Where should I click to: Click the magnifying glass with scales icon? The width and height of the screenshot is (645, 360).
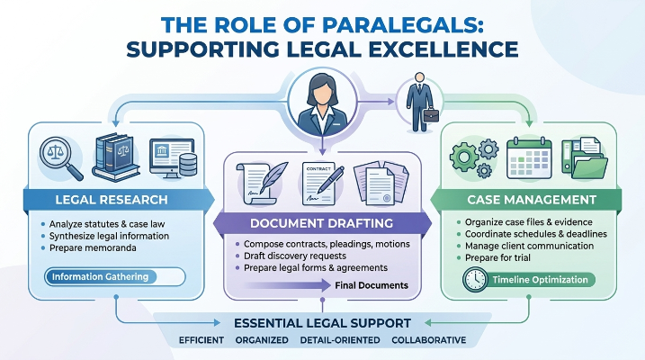click(x=60, y=158)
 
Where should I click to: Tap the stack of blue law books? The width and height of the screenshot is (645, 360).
click(x=116, y=157)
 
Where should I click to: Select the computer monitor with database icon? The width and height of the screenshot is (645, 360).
click(x=174, y=158)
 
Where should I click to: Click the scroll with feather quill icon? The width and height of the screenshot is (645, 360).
click(x=261, y=183)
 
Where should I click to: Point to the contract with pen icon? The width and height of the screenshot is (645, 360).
click(x=322, y=184)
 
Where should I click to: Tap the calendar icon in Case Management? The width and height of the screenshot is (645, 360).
click(x=529, y=158)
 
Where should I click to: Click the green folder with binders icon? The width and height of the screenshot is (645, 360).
click(x=585, y=158)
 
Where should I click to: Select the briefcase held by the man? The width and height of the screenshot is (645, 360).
click(x=431, y=115)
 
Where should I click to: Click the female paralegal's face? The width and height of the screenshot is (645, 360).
click(x=322, y=94)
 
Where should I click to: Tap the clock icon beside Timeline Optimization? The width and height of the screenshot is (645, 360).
click(x=475, y=280)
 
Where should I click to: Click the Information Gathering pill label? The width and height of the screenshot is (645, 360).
click(x=101, y=277)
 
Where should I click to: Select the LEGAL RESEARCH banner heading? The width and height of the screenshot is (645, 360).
click(x=112, y=200)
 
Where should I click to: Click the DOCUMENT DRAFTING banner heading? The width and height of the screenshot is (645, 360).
click(x=322, y=223)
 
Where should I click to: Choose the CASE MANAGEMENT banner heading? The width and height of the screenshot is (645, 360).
click(x=532, y=200)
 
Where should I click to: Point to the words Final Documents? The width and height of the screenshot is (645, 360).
click(x=372, y=285)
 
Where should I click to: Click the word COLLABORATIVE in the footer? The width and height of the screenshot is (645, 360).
click(x=428, y=340)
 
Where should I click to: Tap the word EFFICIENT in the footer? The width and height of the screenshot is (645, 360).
click(x=202, y=340)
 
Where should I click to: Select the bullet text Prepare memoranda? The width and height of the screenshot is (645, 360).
click(x=93, y=248)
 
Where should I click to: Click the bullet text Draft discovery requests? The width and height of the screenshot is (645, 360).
click(x=295, y=256)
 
